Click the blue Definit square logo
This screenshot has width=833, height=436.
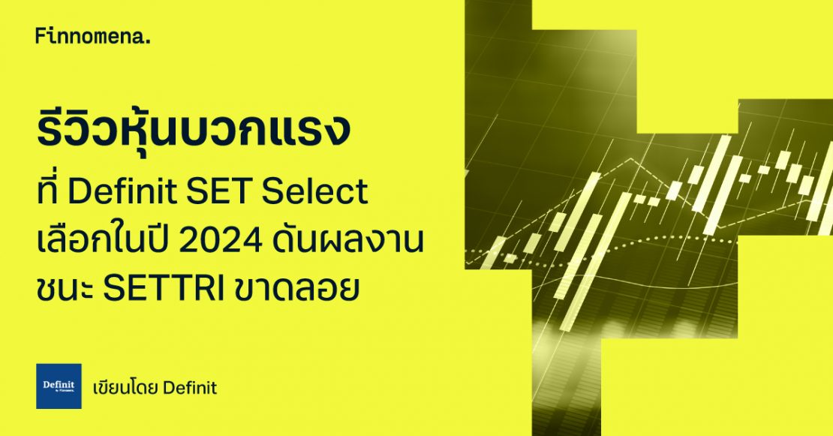point(59,386)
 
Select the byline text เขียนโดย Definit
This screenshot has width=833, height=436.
point(154,388)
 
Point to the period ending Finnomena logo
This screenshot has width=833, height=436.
point(148,42)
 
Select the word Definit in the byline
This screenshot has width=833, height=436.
point(189,388)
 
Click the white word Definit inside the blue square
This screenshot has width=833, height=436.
point(58,383)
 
